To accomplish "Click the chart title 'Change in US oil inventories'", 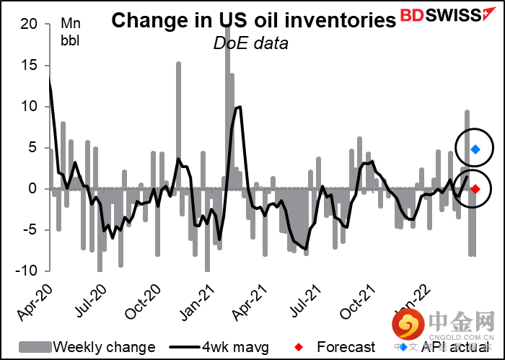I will pos(253,20).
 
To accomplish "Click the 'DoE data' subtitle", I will pos(250,43).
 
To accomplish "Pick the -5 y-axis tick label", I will pos(30,230).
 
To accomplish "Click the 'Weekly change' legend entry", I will pos(87,347).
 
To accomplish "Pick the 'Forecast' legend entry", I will pos(336,347).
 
